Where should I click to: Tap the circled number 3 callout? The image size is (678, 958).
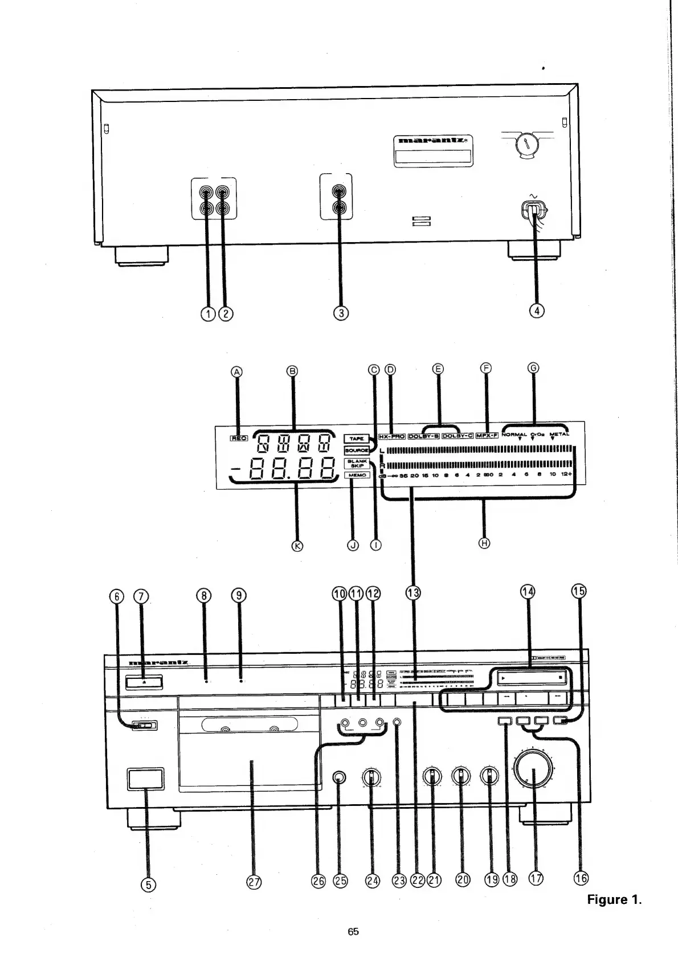pyautogui.click(x=341, y=312)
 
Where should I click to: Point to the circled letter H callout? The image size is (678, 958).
pyautogui.click(x=484, y=543)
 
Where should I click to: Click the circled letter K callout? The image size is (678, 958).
pyautogui.click(x=297, y=545)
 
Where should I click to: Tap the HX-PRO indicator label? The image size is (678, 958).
pyautogui.click(x=392, y=436)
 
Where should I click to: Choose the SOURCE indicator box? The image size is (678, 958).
pyautogui.click(x=357, y=450)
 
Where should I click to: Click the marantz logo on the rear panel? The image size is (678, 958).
pyautogui.click(x=434, y=140)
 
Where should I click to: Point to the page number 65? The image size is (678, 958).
pyautogui.click(x=353, y=932)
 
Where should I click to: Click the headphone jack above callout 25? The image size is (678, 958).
pyautogui.click(x=339, y=778)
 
